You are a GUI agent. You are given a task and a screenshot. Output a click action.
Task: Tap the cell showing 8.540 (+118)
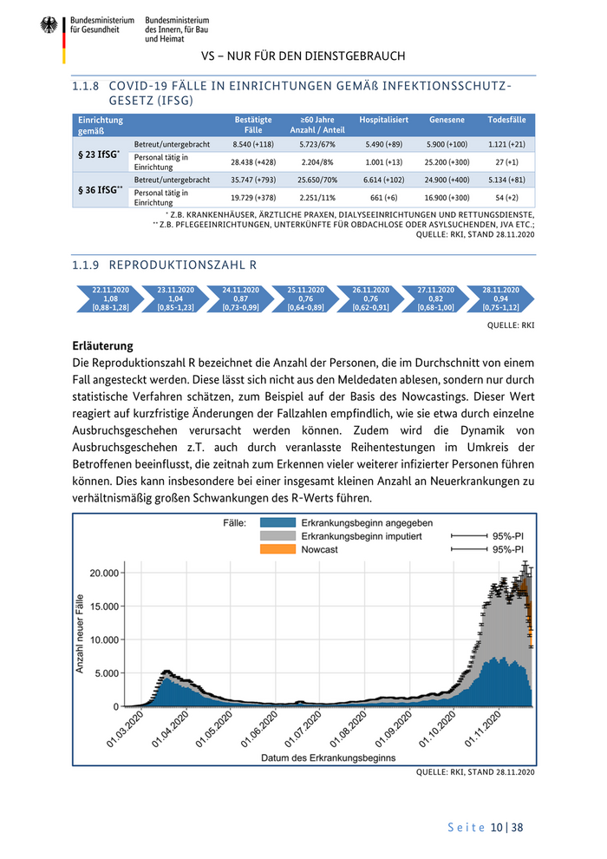click(x=253, y=143)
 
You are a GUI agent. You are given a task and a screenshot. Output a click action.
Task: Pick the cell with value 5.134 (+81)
click(x=508, y=180)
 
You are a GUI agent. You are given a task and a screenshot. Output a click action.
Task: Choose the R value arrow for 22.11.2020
click(x=110, y=298)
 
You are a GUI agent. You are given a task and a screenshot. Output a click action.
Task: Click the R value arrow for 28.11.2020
click(x=500, y=298)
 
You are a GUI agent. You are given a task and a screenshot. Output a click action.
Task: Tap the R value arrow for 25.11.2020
click(x=305, y=298)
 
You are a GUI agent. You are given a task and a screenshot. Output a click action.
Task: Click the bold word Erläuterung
click(x=102, y=344)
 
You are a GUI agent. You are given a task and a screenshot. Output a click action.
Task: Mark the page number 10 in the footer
click(x=497, y=828)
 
